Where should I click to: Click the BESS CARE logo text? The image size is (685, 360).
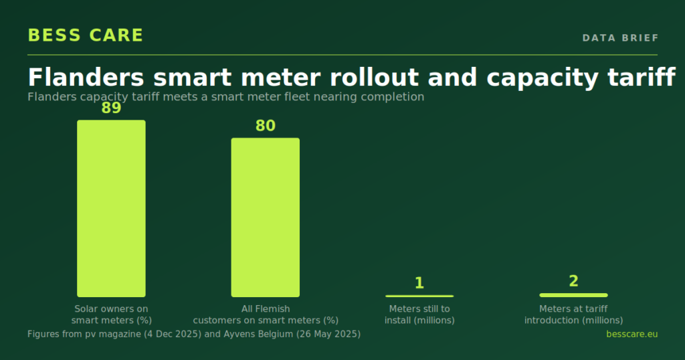85,35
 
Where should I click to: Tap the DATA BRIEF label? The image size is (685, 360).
620,38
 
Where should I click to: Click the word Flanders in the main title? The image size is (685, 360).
86,78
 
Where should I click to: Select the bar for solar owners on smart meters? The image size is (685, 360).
112,208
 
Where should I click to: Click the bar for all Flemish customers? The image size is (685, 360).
265,217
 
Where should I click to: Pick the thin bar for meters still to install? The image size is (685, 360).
419,296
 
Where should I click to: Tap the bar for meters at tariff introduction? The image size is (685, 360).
573,295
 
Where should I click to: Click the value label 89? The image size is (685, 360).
111,108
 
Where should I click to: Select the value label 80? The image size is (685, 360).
265,126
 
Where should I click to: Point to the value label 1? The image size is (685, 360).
419,283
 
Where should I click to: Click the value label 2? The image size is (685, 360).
573,281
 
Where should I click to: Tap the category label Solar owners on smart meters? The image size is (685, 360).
112,314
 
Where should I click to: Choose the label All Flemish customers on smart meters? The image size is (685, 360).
266,314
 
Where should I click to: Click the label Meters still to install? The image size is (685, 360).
419,314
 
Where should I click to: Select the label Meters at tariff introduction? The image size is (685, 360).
573,314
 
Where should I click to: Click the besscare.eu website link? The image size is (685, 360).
631,334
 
